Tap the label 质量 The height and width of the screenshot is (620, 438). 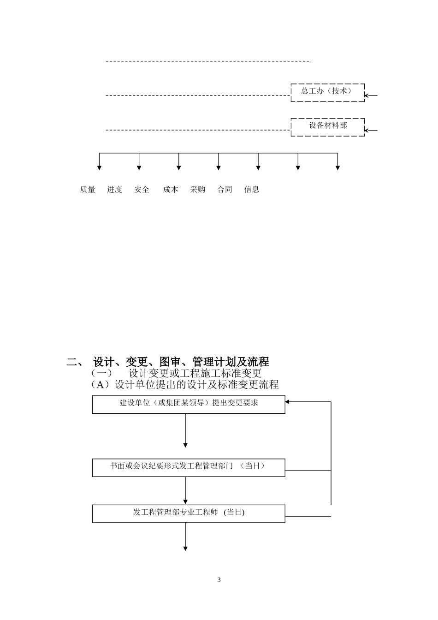(x=88, y=190)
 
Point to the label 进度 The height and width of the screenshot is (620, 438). (x=115, y=190)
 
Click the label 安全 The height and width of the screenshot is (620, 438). (x=142, y=190)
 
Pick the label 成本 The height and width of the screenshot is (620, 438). (x=171, y=190)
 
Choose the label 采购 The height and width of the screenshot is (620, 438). (x=198, y=190)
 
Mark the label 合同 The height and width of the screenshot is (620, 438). (x=225, y=190)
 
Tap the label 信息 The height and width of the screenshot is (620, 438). (x=252, y=190)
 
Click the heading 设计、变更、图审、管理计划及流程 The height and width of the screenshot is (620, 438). (x=181, y=362)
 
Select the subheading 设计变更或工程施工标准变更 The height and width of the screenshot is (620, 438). (x=195, y=373)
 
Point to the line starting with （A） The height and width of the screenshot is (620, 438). (x=184, y=384)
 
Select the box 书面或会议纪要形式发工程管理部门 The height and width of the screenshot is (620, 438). (x=189, y=467)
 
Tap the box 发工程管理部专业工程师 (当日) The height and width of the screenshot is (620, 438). (x=189, y=513)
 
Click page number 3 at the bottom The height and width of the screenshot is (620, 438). (x=219, y=580)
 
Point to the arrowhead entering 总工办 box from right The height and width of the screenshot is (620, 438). (x=367, y=96)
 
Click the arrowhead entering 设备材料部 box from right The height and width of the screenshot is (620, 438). (x=367, y=131)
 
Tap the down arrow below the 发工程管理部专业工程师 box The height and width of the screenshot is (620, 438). (x=185, y=548)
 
